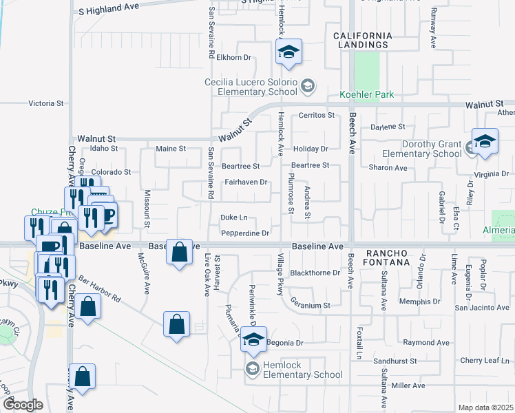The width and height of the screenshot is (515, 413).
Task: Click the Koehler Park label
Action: [366, 94]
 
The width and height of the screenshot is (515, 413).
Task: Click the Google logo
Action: [23, 405]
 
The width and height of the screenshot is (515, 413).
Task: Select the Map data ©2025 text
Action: [485, 407]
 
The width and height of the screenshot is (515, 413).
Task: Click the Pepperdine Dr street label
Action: [246, 233]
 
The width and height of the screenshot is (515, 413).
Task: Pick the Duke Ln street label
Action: [233, 218]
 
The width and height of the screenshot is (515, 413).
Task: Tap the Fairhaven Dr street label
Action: [246, 182]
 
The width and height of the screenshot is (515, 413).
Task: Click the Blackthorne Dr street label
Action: [315, 273]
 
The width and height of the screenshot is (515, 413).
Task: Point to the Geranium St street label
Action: [311, 304]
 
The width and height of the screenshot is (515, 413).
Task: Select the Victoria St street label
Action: [45, 104]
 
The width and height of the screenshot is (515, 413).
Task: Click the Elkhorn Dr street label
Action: [235, 58]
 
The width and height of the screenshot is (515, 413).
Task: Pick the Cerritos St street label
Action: [316, 115]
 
